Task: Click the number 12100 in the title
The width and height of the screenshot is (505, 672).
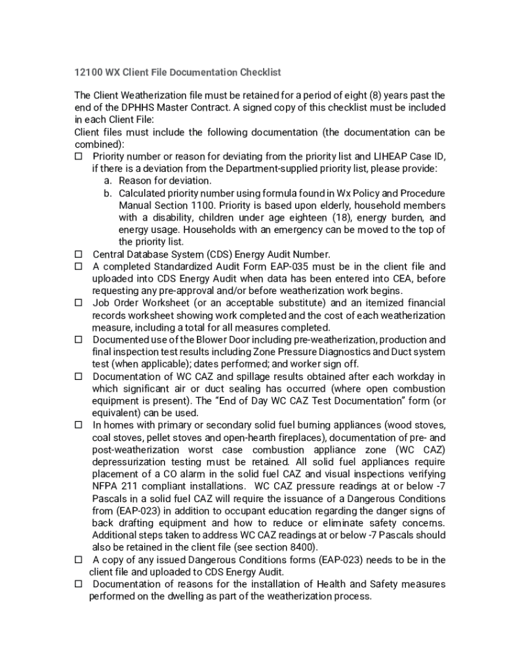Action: [x=87, y=72]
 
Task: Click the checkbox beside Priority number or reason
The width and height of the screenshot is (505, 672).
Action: [x=78, y=156]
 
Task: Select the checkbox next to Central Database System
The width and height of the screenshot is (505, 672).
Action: [x=78, y=254]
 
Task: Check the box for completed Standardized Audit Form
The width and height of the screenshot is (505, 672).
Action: [x=78, y=266]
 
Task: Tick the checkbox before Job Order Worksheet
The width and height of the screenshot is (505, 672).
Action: [x=78, y=303]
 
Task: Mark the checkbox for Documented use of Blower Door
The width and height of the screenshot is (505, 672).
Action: [x=78, y=340]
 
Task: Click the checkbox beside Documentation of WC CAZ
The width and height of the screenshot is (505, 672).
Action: [x=78, y=377]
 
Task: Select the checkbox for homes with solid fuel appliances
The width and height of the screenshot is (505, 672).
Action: [x=78, y=425]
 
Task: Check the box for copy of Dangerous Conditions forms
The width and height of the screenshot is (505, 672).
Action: [x=78, y=560]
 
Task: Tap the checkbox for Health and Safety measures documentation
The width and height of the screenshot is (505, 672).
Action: [x=78, y=584]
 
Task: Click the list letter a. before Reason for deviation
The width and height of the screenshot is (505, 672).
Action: [x=108, y=180]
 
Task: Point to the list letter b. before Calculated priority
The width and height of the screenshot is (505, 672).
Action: [x=108, y=193]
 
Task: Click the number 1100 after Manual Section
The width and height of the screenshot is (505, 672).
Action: [x=209, y=205]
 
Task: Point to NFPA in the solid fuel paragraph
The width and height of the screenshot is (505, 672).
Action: [x=104, y=486]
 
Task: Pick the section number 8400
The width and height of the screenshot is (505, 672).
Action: [x=300, y=547]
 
